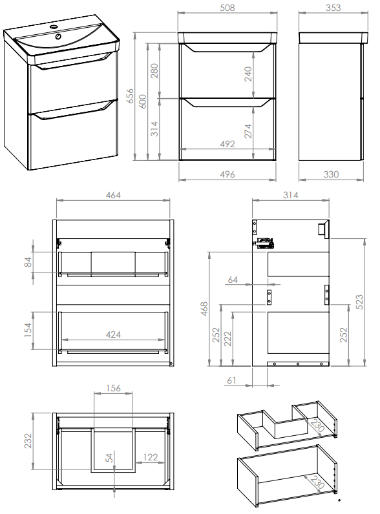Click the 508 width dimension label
tap(227, 8)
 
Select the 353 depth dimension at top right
tap(333, 8)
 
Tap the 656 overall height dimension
tap(131, 96)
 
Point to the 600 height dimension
tap(142, 101)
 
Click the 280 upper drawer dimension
tap(154, 71)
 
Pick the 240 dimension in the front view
tap(248, 74)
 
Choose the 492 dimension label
tap(227, 144)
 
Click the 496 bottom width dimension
tap(227, 174)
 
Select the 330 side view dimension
tap(331, 174)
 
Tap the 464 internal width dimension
tap(113, 195)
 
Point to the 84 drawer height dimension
tap(28, 262)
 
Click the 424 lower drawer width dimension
tap(113, 334)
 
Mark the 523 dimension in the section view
tap(360, 302)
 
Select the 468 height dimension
tap(204, 309)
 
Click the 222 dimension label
tap(227, 338)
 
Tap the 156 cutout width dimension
tap(113, 388)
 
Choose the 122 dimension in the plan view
tap(151, 457)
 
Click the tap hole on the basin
tap(54, 26)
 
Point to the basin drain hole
tap(58, 36)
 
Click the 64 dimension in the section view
tap(233, 280)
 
